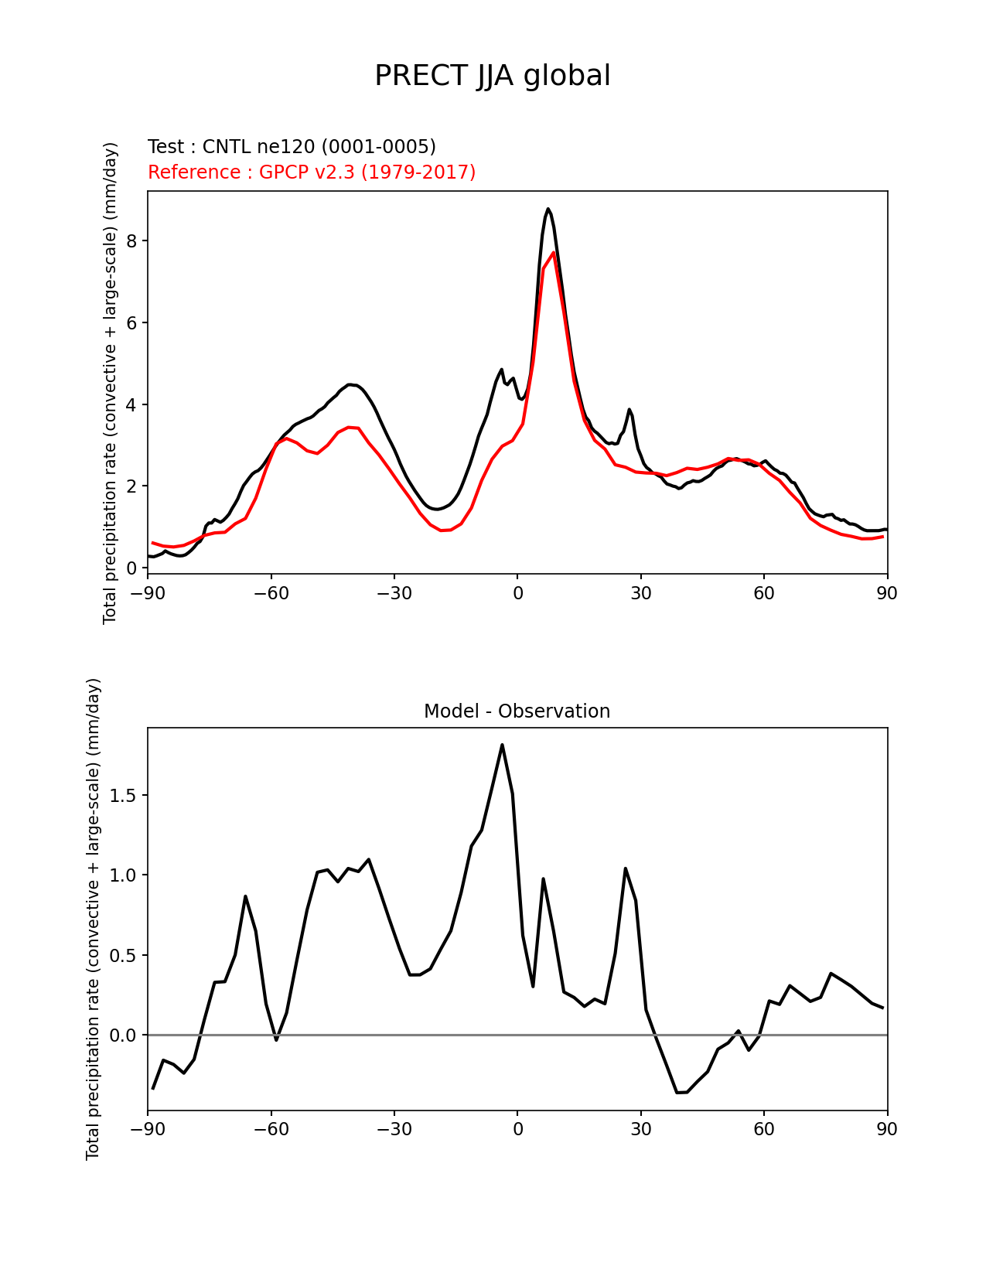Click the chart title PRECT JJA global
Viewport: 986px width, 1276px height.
[x=493, y=76]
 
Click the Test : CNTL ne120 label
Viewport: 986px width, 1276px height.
[x=292, y=147]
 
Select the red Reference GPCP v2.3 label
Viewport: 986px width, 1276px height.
[x=312, y=172]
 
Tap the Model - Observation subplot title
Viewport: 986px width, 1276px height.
[x=517, y=711]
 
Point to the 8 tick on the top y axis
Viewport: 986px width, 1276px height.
[x=131, y=241]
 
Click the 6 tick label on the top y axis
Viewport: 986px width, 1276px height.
[x=131, y=323]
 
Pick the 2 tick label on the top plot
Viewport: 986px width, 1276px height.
[x=131, y=486]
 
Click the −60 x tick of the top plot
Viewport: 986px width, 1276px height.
[x=271, y=593]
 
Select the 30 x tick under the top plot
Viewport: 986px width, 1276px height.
[x=641, y=593]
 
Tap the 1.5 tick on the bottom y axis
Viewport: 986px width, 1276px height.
[x=123, y=796]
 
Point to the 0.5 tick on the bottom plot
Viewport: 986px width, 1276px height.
[x=123, y=956]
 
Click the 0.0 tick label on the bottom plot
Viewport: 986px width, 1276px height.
[x=123, y=1035]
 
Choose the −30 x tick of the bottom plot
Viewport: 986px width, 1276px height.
[x=394, y=1129]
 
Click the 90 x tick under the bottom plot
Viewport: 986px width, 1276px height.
[x=887, y=1129]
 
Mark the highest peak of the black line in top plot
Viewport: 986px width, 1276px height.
[x=548, y=209]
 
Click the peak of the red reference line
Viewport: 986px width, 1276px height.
[x=554, y=252]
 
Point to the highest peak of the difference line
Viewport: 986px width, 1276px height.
[x=502, y=745]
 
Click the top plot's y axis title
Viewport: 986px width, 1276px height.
[x=111, y=383]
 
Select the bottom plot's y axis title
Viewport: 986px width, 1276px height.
[x=94, y=919]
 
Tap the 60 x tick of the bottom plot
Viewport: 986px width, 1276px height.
[x=764, y=1129]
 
